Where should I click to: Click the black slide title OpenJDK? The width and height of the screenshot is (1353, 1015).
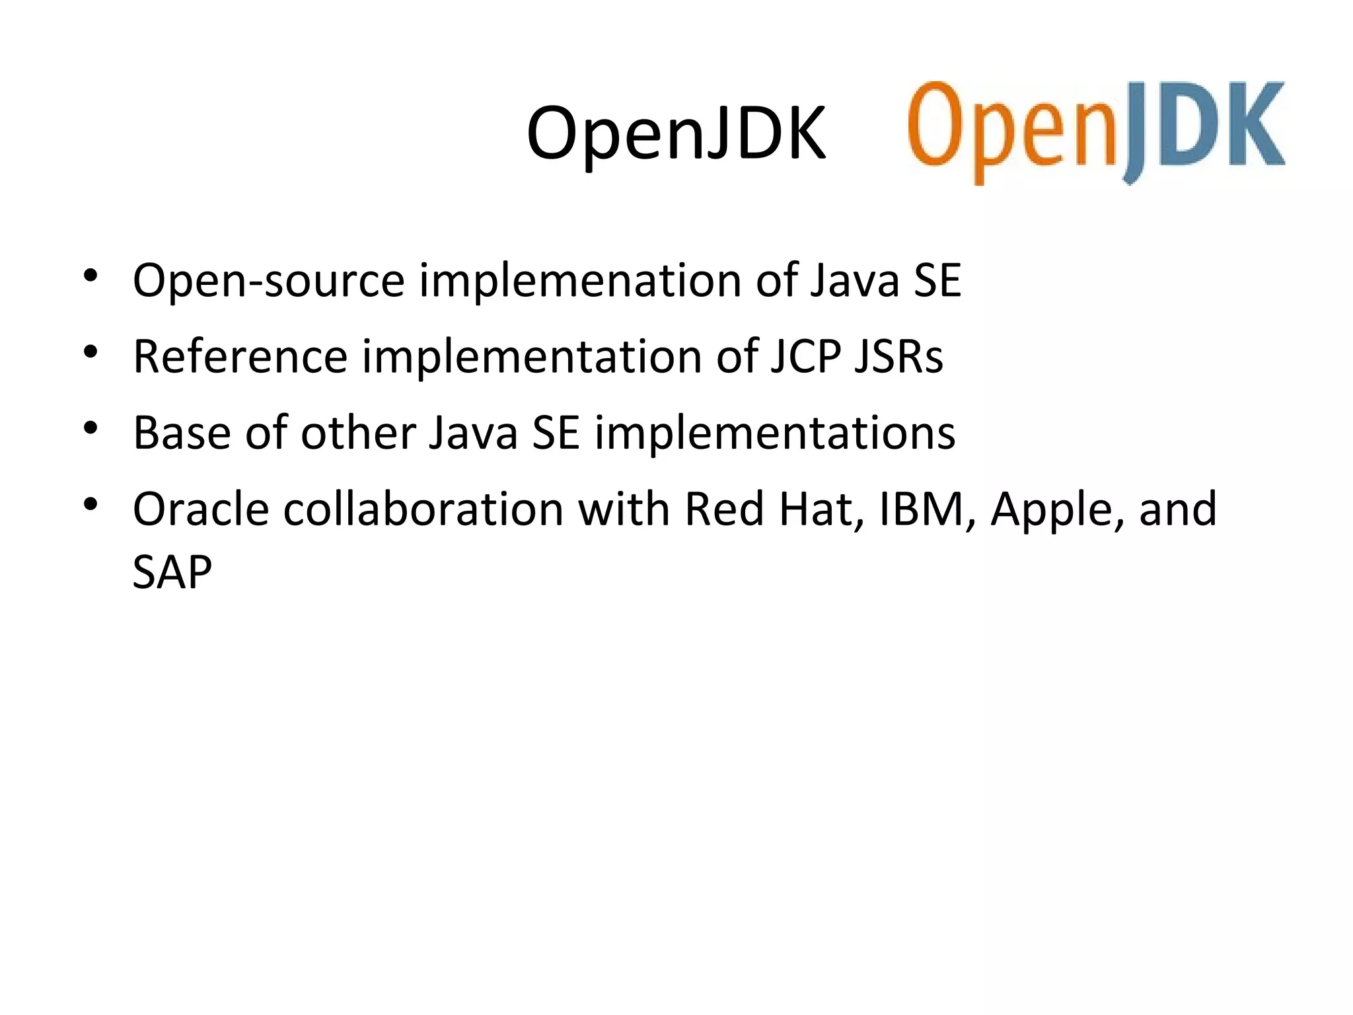pos(675,134)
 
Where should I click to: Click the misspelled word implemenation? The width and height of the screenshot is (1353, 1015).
pos(579,281)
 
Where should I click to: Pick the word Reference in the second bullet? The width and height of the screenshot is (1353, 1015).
pos(240,357)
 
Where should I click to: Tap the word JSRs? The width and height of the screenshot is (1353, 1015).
pos(898,357)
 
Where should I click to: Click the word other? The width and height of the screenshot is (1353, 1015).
pos(357,433)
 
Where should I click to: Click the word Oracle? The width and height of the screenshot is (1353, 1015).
pos(201,509)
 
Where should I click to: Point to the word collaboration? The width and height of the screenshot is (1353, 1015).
pos(423,509)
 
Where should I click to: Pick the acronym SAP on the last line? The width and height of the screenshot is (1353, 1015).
pos(172,572)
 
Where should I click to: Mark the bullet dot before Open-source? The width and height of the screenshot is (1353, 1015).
pos(91,276)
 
